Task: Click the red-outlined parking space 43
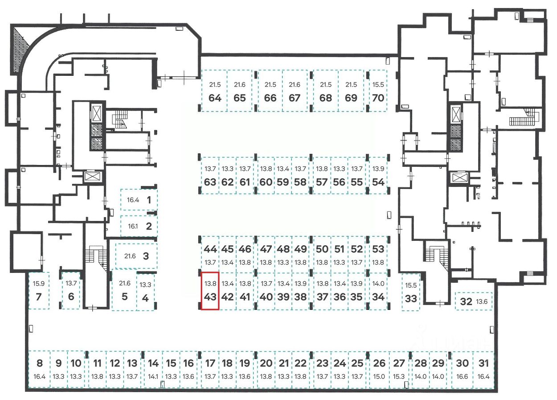point(210,291)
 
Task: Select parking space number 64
point(215,91)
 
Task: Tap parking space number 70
point(378,91)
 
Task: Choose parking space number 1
point(139,200)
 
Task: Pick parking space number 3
point(136,256)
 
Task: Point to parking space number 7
point(39,290)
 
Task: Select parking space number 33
point(411,292)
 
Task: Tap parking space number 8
point(39,369)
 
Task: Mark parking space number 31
point(483,369)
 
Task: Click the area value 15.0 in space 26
point(379,376)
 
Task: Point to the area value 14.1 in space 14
point(153,376)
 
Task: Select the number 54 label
point(378,182)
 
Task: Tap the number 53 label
point(378,249)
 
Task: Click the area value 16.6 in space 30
point(463,376)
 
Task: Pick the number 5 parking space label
point(124,297)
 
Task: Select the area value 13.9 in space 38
point(301,284)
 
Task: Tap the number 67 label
point(295,98)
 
